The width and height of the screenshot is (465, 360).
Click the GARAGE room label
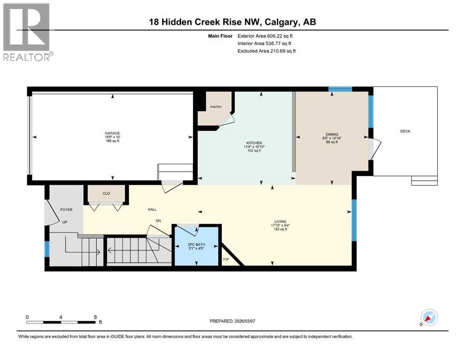coord(112,133)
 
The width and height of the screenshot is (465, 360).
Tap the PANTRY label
coord(216,107)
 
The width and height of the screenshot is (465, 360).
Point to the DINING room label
coord(332,134)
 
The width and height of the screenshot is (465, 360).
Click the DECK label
coord(405,131)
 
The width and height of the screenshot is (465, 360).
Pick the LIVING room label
coord(280,222)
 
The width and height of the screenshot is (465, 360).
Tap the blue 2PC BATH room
coord(197,248)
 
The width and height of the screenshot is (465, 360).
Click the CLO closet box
coord(105,193)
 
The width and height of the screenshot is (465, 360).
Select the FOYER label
coord(66,210)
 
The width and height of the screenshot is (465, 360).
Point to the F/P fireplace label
coord(225,259)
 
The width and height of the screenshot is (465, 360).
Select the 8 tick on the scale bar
coord(95,317)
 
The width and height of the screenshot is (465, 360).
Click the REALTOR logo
coord(28,32)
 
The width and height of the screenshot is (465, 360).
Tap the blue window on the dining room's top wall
coord(340,89)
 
